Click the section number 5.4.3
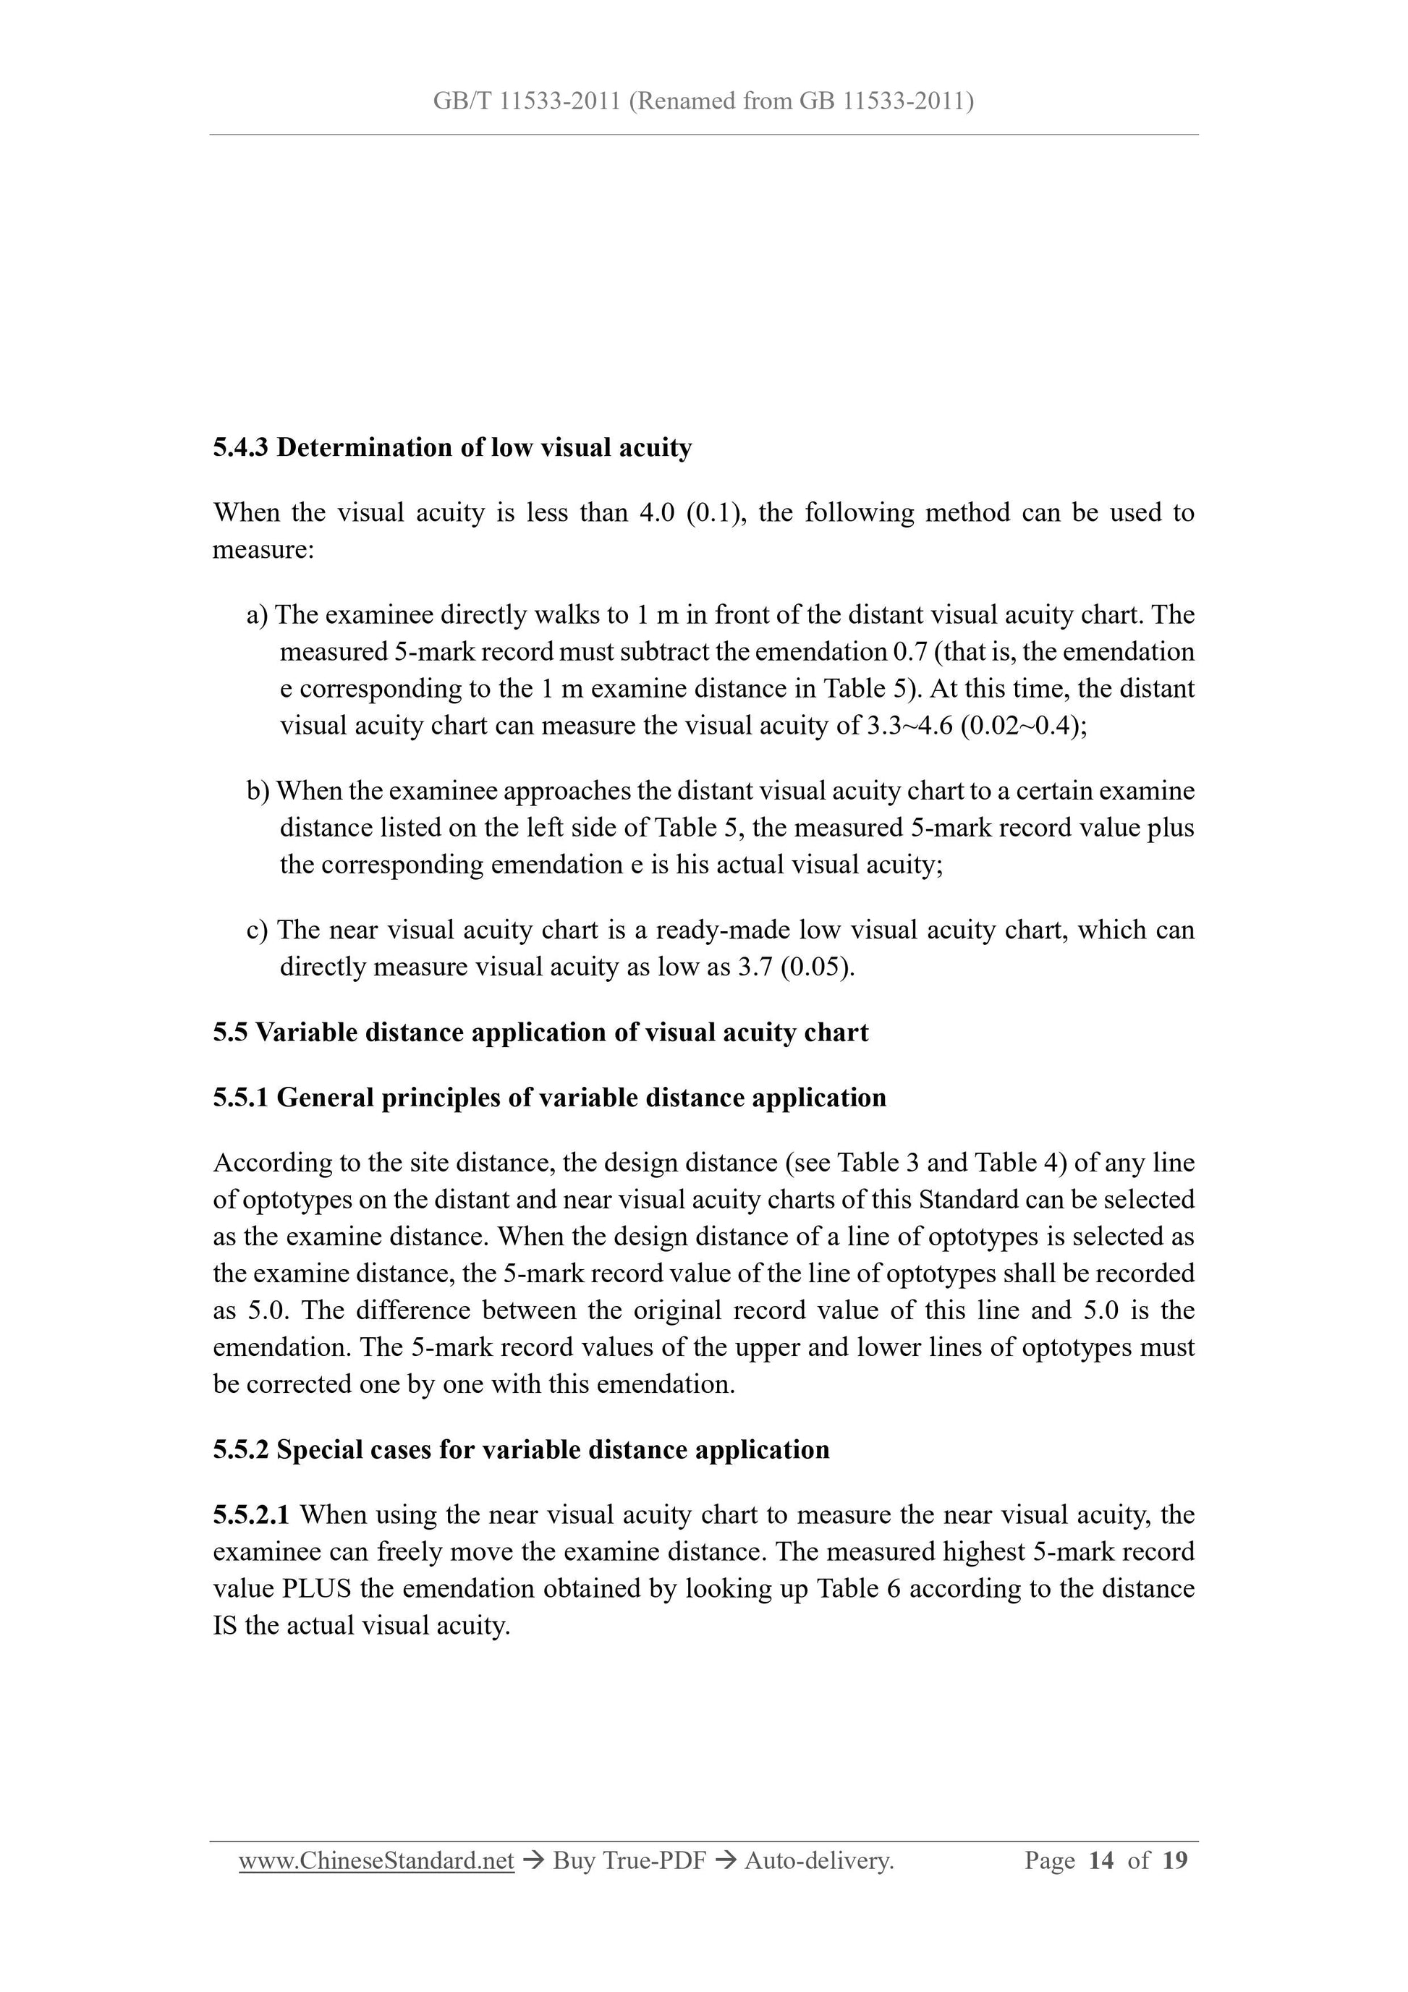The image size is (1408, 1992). (240, 448)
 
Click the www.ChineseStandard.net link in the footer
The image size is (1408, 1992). (376, 1860)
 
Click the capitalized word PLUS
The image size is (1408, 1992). (317, 1588)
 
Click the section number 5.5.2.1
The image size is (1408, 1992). (252, 1515)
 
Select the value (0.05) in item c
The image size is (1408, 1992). (816, 967)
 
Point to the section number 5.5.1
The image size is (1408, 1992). (240, 1098)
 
